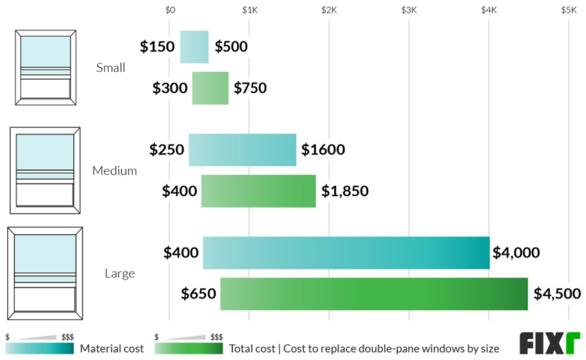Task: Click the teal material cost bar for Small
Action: (x=195, y=47)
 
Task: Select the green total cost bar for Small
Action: (x=210, y=88)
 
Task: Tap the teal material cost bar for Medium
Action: (x=242, y=150)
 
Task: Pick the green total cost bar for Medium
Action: (x=259, y=191)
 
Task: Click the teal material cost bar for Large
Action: (x=346, y=253)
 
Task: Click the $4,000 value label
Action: (x=516, y=253)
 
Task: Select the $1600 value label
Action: (x=323, y=150)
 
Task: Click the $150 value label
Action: (x=157, y=47)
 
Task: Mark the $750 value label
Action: (x=250, y=88)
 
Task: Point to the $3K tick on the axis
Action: (x=409, y=10)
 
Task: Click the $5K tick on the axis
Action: (x=568, y=10)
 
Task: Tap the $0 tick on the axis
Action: (x=170, y=10)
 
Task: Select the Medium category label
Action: (x=114, y=170)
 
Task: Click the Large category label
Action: (x=120, y=274)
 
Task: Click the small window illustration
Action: (x=45, y=68)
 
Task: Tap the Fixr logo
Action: (x=550, y=343)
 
